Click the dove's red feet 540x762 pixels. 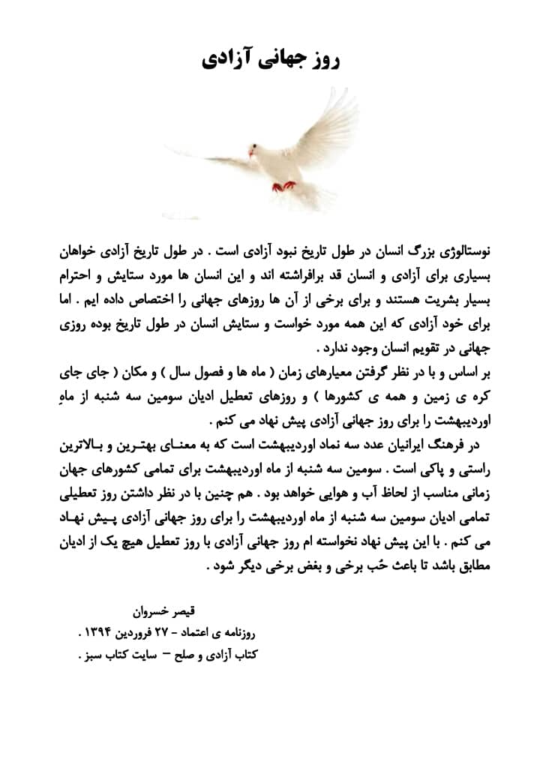pyautogui.click(x=283, y=184)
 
